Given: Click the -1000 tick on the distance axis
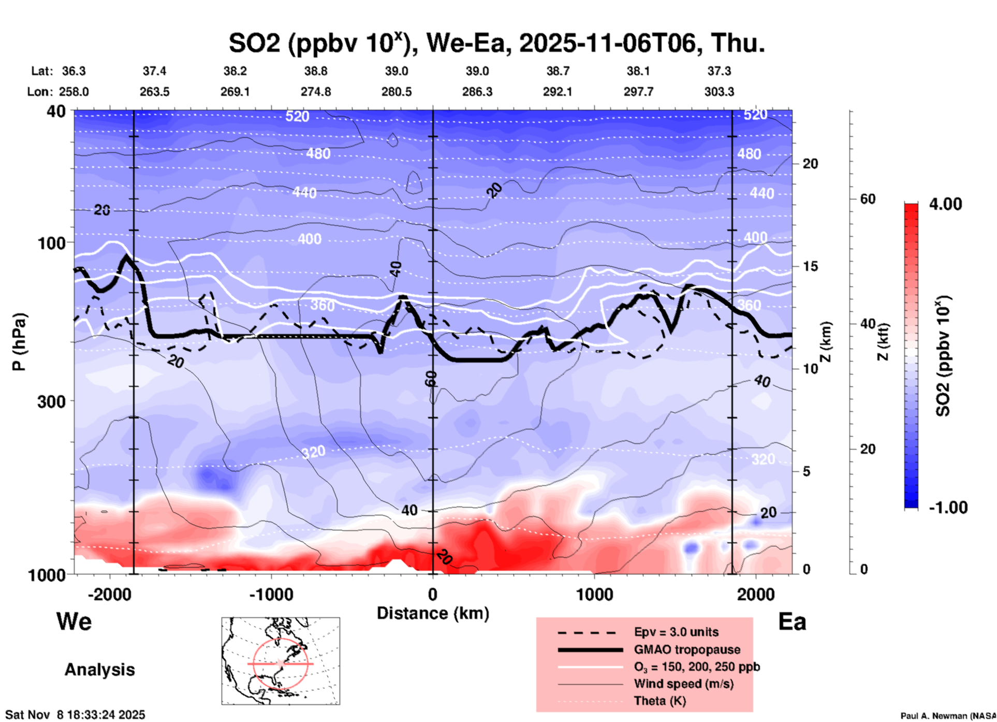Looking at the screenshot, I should [271, 594].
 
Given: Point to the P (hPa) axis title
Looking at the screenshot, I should [19, 342].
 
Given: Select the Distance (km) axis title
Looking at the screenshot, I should [433, 613].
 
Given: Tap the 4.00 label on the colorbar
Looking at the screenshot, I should [945, 204].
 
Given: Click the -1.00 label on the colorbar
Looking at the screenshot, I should [948, 507].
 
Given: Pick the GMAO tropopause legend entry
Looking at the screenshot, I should [687, 649].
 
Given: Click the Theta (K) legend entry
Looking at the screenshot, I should [659, 701].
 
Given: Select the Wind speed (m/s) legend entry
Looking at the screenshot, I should [683, 684].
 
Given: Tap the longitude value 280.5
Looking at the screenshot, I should [397, 92].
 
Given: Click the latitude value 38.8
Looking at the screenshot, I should [316, 71].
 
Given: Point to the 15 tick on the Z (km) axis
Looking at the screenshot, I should [810, 266].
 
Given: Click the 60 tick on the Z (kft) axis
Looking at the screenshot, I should [868, 199].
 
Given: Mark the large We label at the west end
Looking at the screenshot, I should [74, 621].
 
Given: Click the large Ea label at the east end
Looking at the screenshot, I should [792, 622].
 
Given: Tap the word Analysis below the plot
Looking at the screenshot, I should [99, 670].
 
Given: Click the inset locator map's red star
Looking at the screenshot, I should [281, 663].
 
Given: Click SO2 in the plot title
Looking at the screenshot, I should [255, 43].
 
